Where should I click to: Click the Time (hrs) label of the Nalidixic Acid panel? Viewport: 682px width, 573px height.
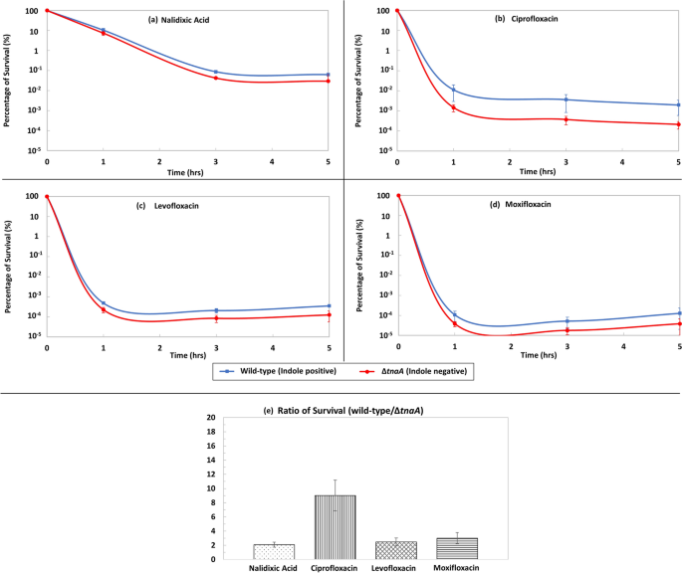pos(187,171)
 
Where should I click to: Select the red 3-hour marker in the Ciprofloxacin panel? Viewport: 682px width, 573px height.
pos(566,119)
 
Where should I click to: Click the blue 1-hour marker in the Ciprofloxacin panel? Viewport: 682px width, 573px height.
pos(454,90)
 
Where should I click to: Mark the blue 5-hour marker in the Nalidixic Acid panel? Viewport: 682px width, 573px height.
pos(329,75)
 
